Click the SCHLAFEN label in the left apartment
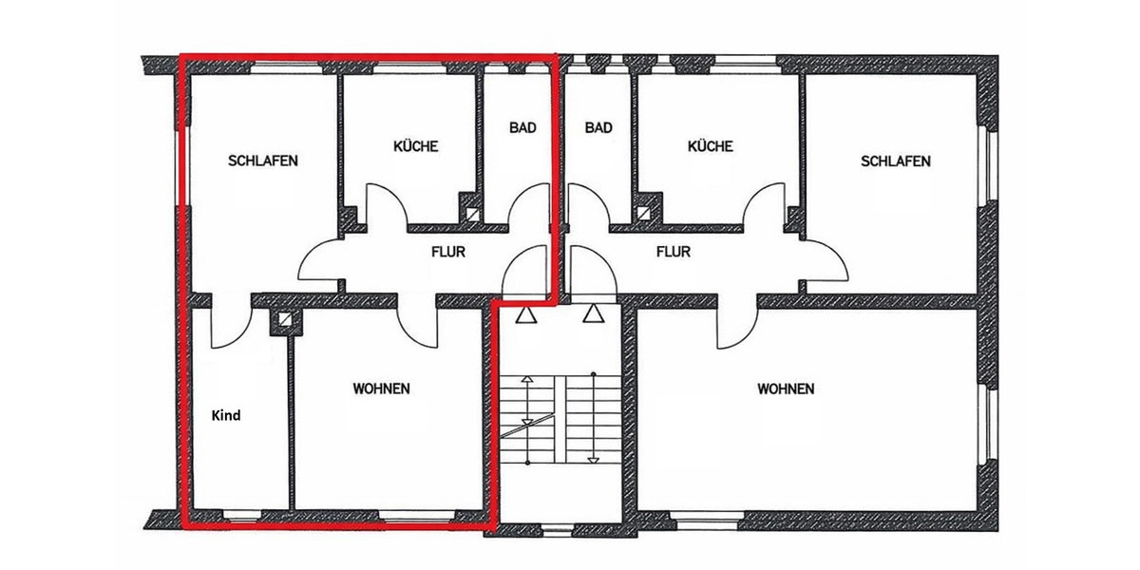tap(263, 161)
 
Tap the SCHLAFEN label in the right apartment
tap(895, 161)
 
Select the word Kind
tap(226, 415)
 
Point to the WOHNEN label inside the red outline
tap(381, 389)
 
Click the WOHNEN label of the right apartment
tap(786, 389)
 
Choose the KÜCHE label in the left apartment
tap(415, 146)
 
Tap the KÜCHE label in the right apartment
tap(710, 146)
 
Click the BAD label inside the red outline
tap(522, 127)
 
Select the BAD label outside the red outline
tap(598, 127)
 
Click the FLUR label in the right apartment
tap(673, 253)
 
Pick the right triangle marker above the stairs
tap(594, 314)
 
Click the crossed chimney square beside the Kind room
tap(283, 321)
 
